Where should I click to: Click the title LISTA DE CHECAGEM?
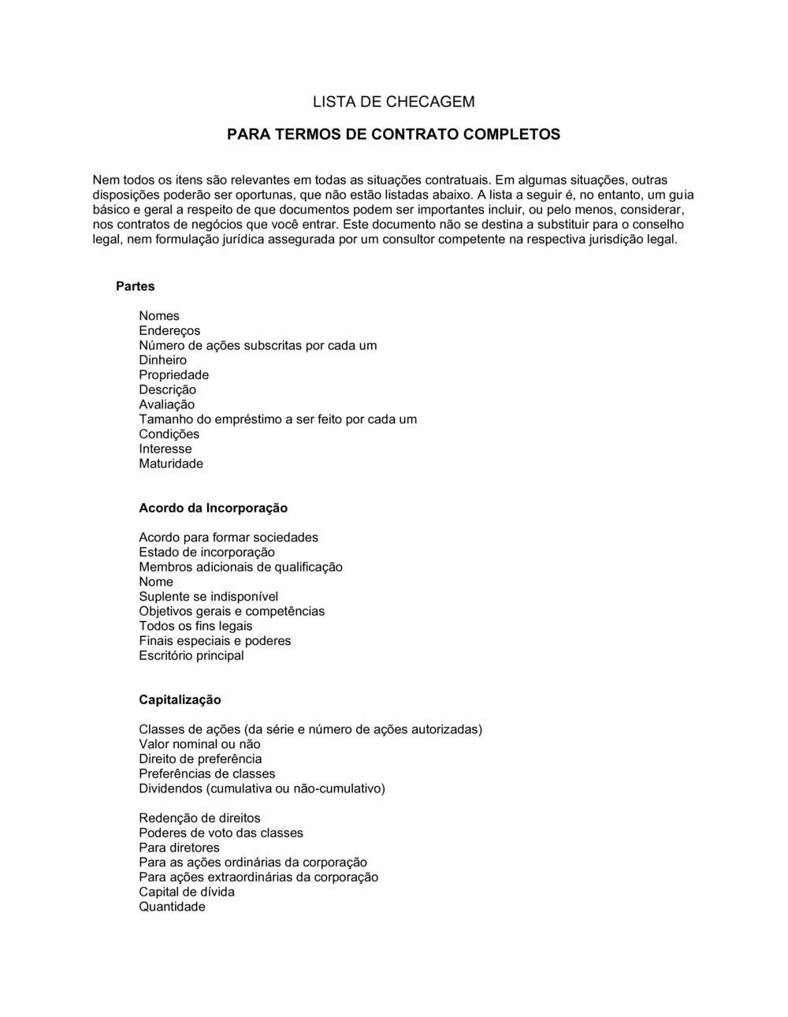pos(393,102)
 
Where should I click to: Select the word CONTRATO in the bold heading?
pos(414,134)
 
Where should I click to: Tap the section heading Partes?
pos(135,286)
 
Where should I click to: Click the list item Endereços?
pos(169,330)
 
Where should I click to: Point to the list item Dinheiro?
pos(162,360)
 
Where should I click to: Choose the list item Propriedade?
pos(173,375)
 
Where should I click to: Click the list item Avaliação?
pos(166,404)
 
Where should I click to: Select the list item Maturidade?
pos(171,464)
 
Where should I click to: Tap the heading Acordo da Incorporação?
pos(213,508)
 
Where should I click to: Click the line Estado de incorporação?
pos(206,553)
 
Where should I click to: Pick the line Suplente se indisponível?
pos(208,597)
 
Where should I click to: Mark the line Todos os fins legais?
pos(195,626)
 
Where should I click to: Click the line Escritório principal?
pos(191,656)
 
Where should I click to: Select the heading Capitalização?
pos(180,700)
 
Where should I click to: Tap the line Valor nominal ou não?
pos(199,744)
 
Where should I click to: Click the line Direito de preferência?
pos(200,759)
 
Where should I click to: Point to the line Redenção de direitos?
pos(199,818)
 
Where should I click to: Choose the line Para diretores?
pos(179,847)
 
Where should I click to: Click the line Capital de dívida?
pos(186,892)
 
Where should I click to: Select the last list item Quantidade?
pos(172,907)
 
